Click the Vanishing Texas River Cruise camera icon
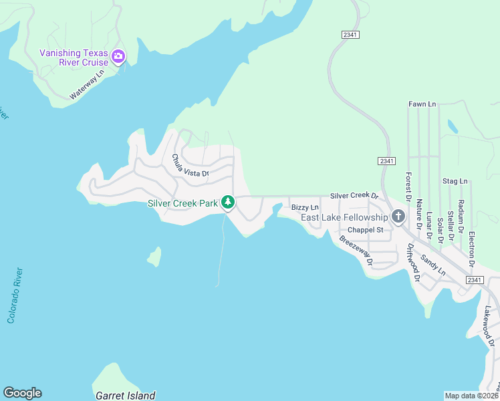pyautogui.click(x=119, y=56)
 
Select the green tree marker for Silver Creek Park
pyautogui.click(x=228, y=202)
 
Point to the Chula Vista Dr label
pyautogui.click(x=190, y=166)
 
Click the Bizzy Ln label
pyautogui.click(x=305, y=208)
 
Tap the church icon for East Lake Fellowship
pyautogui.click(x=398, y=217)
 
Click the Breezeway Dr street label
pyautogui.click(x=356, y=250)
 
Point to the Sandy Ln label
pyautogui.click(x=433, y=265)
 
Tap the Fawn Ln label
pyautogui.click(x=422, y=104)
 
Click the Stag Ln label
pyautogui.click(x=455, y=181)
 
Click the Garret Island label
pyautogui.click(x=126, y=395)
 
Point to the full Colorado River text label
pyautogui.click(x=15, y=295)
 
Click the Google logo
pyautogui.click(x=22, y=393)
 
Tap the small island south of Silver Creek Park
pyautogui.click(x=155, y=257)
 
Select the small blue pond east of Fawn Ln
pyautogui.click(x=453, y=126)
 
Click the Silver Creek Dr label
pyautogui.click(x=354, y=196)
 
